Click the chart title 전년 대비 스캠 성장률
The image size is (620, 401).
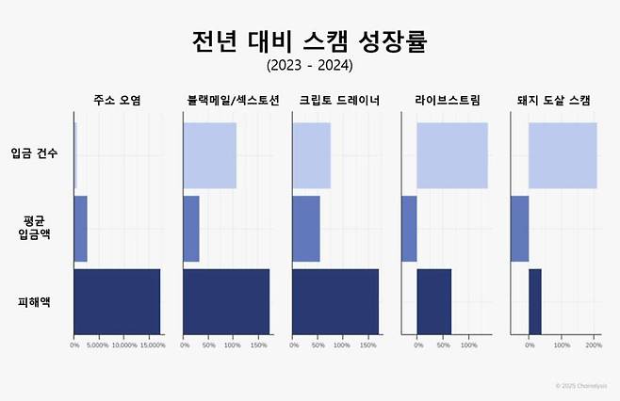310,40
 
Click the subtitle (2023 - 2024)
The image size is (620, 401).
310,66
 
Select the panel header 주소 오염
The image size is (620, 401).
117,100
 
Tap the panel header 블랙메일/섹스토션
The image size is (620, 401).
226,100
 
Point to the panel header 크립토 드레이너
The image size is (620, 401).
335,100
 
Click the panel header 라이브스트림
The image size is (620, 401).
447,100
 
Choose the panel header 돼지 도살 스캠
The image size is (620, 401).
554,100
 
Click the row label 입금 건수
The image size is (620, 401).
34,154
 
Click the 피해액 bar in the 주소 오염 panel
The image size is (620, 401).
117,301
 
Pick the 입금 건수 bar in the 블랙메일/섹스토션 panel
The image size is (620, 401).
209,155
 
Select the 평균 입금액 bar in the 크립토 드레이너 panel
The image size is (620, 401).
306,229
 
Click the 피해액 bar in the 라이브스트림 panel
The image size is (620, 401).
433,301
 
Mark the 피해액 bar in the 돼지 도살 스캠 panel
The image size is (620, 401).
534,301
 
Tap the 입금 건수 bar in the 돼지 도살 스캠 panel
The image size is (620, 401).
562,155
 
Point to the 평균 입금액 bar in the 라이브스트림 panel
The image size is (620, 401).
409,229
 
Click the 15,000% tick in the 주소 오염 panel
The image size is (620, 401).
152,345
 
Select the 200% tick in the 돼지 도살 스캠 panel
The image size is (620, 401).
594,345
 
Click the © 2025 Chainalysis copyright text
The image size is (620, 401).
581,386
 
